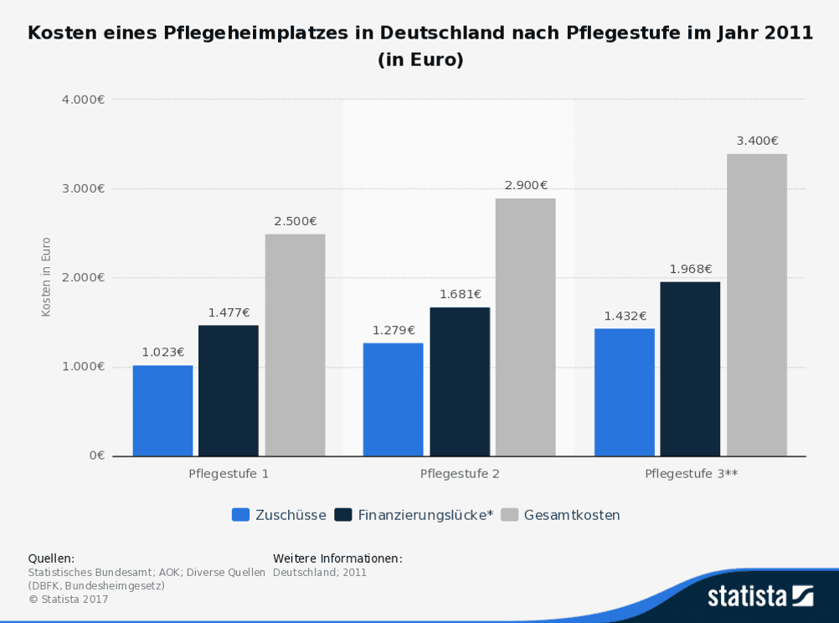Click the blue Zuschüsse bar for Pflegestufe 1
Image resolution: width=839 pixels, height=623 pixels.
pyautogui.click(x=162, y=410)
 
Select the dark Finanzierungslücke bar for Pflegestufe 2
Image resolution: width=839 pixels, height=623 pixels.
pyautogui.click(x=460, y=382)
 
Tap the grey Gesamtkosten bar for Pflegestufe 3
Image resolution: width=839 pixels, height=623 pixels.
pyautogui.click(x=756, y=305)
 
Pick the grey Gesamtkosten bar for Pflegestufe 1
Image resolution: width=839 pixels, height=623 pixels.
pyautogui.click(x=295, y=345)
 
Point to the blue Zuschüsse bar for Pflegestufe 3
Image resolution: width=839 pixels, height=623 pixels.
pyautogui.click(x=625, y=392)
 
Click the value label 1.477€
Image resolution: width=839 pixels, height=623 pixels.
pyautogui.click(x=229, y=312)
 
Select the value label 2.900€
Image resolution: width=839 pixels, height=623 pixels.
pyautogui.click(x=526, y=185)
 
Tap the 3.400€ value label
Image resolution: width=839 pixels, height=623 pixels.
pyautogui.click(x=757, y=141)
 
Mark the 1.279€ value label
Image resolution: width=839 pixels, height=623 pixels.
pyautogui.click(x=394, y=330)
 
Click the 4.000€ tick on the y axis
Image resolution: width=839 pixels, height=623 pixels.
pyautogui.click(x=83, y=100)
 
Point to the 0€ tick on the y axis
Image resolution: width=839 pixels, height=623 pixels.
pyautogui.click(x=96, y=456)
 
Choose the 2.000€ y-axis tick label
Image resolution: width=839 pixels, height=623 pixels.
pyautogui.click(x=83, y=277)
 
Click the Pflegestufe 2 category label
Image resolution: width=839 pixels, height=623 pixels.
pyautogui.click(x=460, y=474)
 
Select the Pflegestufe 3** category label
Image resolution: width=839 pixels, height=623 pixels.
pyautogui.click(x=691, y=474)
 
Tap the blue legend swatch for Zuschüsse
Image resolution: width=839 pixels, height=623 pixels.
pyautogui.click(x=240, y=515)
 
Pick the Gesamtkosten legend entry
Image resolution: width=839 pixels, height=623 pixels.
pyautogui.click(x=572, y=515)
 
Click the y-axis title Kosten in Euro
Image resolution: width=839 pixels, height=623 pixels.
pyautogui.click(x=46, y=277)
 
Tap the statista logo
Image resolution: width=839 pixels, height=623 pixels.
pyautogui.click(x=759, y=595)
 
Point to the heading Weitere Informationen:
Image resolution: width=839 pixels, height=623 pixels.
pyautogui.click(x=337, y=559)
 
